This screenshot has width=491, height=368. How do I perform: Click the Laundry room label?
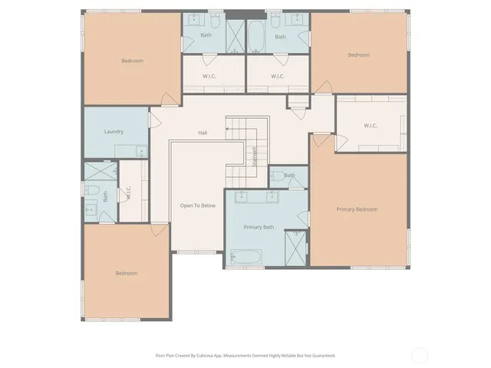click(114, 131)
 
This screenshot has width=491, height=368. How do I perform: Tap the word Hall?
click(203, 133)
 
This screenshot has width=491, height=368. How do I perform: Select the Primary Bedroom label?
click(357, 209)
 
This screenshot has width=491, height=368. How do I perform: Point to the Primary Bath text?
click(259, 227)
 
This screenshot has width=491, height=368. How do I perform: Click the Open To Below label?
click(197, 205)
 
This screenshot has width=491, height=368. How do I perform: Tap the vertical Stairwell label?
click(254, 156)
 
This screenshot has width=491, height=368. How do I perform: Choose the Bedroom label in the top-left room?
click(132, 61)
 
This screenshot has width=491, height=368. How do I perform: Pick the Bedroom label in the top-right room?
click(358, 54)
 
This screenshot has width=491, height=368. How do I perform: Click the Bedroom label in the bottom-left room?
click(126, 273)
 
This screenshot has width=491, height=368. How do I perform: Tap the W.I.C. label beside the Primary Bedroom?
click(371, 126)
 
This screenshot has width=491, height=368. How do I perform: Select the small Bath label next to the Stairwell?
click(289, 176)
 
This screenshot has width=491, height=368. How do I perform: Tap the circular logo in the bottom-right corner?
click(419, 355)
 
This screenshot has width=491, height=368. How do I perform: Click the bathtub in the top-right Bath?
click(255, 34)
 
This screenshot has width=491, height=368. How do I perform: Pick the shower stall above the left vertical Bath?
click(99, 171)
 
